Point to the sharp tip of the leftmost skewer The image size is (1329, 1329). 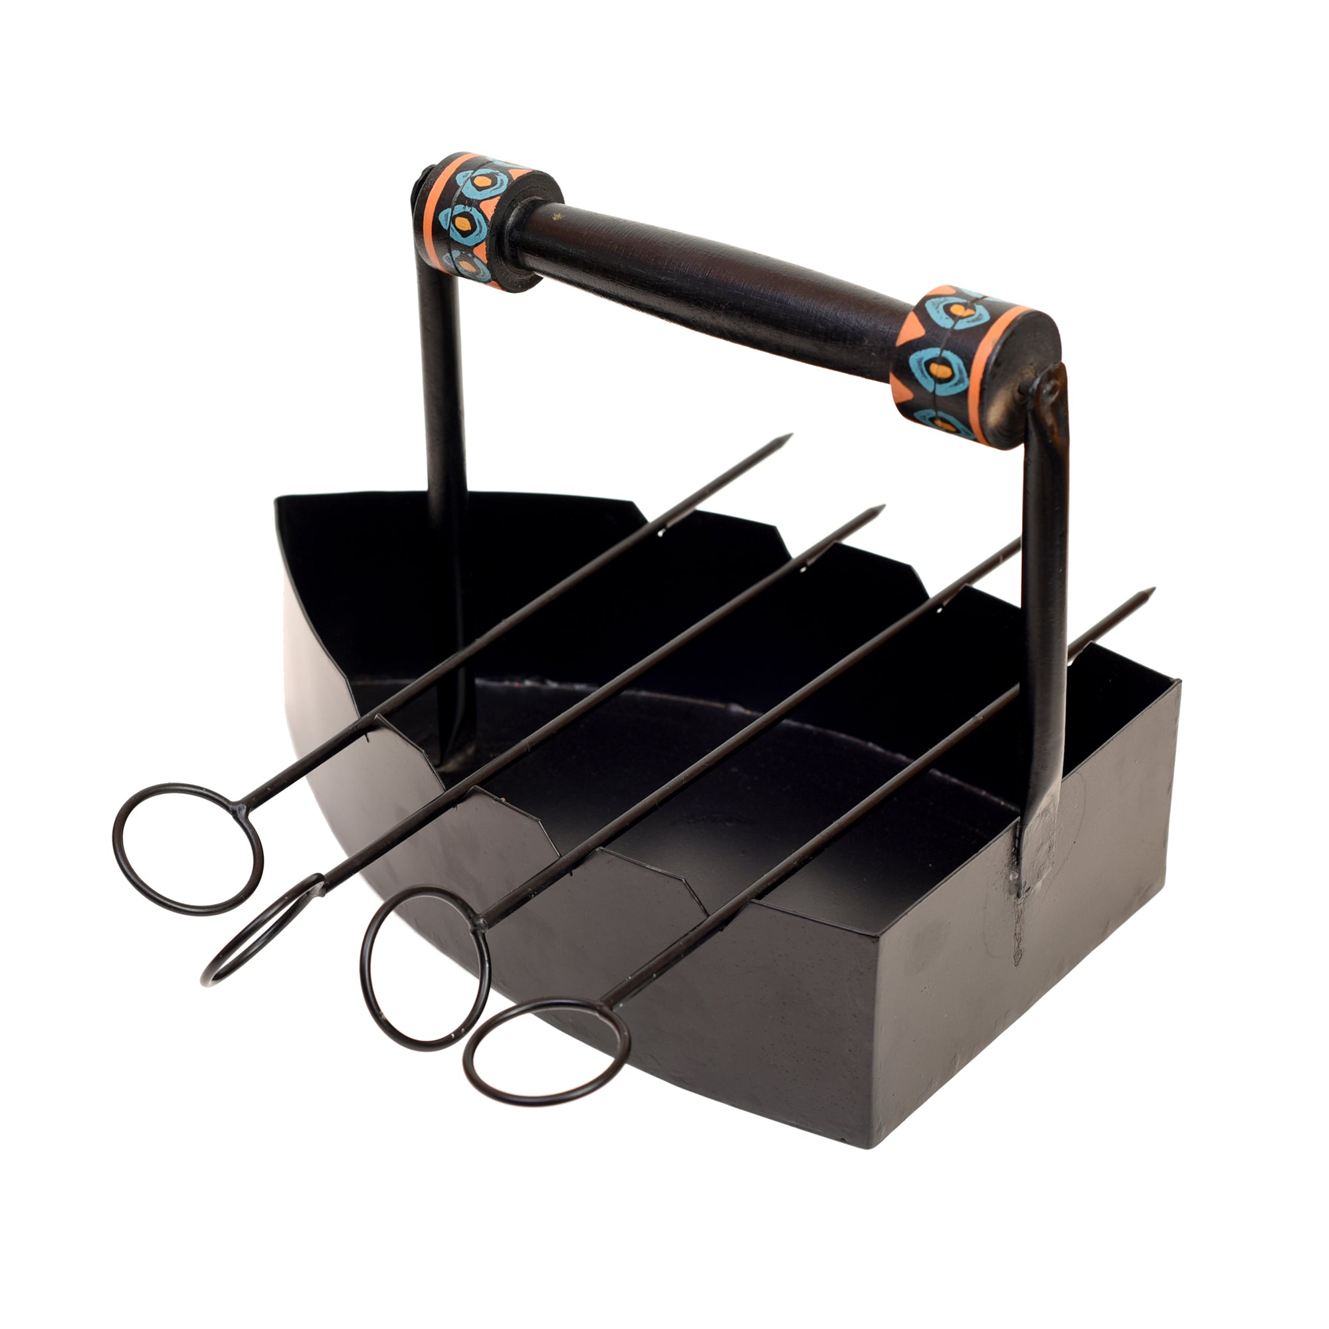(x=789, y=435)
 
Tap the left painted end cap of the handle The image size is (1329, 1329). (x=474, y=220)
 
